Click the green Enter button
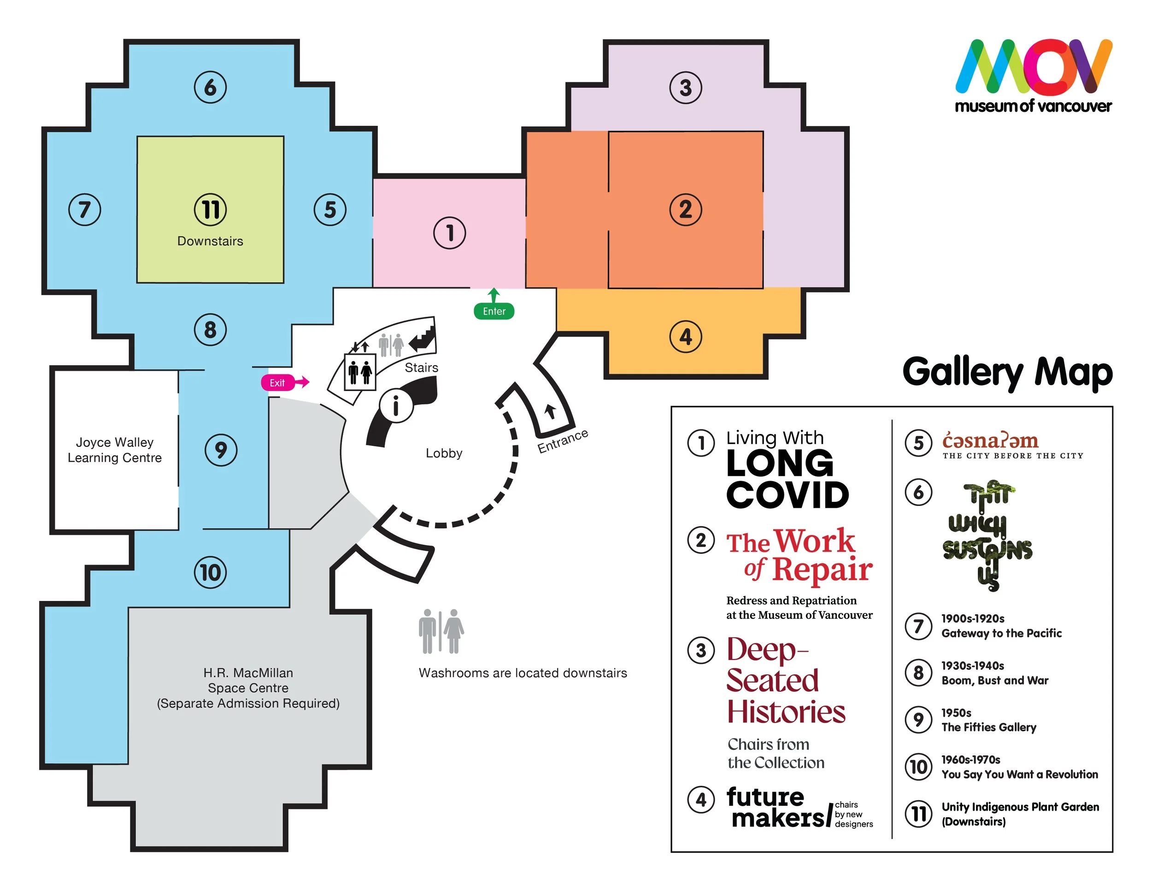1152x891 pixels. pos(494,311)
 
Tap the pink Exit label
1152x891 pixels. pos(277,383)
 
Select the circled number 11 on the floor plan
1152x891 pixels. pos(211,209)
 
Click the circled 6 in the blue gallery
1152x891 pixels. pos(210,87)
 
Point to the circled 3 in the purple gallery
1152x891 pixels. pos(685,88)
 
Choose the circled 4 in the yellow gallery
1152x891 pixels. pos(685,336)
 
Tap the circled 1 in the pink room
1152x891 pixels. pos(449,233)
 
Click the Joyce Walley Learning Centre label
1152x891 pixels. pos(114,450)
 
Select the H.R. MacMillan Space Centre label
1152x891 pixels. pos(248,688)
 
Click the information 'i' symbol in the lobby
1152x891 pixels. pos(396,406)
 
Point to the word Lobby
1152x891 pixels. pos(444,453)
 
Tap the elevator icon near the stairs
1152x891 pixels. pos(360,372)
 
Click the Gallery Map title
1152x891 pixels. pos(1007,372)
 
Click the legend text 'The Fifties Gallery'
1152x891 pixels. pos(988,727)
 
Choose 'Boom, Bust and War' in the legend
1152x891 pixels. pos(995,680)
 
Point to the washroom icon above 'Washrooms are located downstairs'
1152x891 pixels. pos(441,631)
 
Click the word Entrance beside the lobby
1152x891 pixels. pos(562,441)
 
